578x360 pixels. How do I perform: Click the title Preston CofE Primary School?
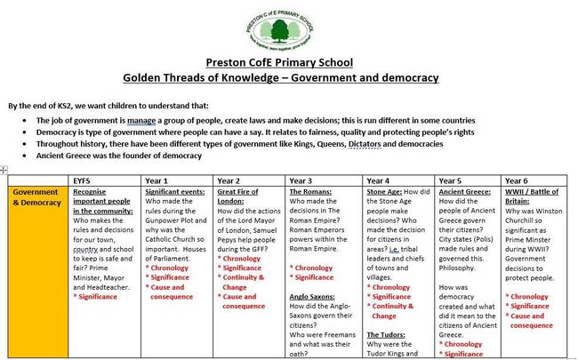pyautogui.click(x=279, y=62)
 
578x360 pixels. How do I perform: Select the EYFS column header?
pyautogui.click(x=83, y=180)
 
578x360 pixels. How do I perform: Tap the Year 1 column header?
pyautogui.click(x=157, y=180)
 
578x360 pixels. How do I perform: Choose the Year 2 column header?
pyautogui.click(x=229, y=180)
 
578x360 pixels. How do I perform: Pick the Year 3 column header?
pyautogui.click(x=301, y=180)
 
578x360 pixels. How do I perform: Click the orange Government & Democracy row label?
pyautogui.click(x=36, y=196)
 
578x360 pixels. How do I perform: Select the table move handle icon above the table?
pyautogui.click(x=4, y=170)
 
